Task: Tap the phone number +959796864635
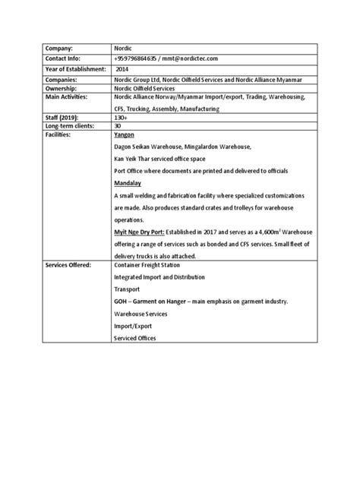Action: pyautogui.click(x=134, y=57)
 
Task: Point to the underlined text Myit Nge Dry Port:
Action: pyautogui.click(x=137, y=231)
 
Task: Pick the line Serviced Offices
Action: pyautogui.click(x=134, y=339)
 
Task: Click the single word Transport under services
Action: pyautogui.click(x=128, y=289)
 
